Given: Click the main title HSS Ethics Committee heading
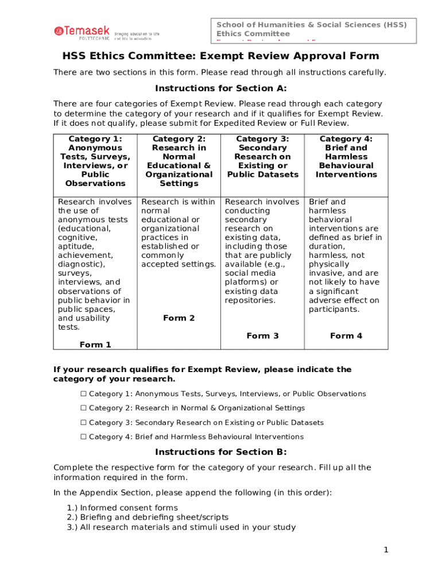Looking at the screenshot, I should (x=220, y=56).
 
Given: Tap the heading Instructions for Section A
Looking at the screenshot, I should (x=220, y=88).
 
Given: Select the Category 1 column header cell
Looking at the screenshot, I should (x=95, y=161).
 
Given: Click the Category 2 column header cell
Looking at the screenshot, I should (x=179, y=161).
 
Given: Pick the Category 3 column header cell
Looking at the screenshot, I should (x=262, y=157).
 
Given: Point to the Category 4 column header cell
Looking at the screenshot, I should (x=346, y=157).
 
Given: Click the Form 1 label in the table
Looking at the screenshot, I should (x=95, y=345).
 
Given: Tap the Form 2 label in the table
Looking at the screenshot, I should (x=179, y=318).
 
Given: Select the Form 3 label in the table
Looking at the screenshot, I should (x=262, y=336).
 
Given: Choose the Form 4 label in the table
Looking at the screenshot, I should (x=346, y=336).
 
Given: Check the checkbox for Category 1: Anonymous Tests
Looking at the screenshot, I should (x=83, y=394).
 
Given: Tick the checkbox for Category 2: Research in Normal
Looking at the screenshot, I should (x=83, y=408).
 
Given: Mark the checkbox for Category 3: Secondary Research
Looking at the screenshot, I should (x=83, y=423).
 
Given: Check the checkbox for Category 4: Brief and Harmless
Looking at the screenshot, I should (x=83, y=437).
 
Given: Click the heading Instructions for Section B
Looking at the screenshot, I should (x=220, y=452).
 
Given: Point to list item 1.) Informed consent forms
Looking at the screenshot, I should (x=122, y=508).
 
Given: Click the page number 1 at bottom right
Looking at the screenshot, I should (x=386, y=550).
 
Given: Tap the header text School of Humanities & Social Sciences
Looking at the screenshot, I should (x=311, y=25).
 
